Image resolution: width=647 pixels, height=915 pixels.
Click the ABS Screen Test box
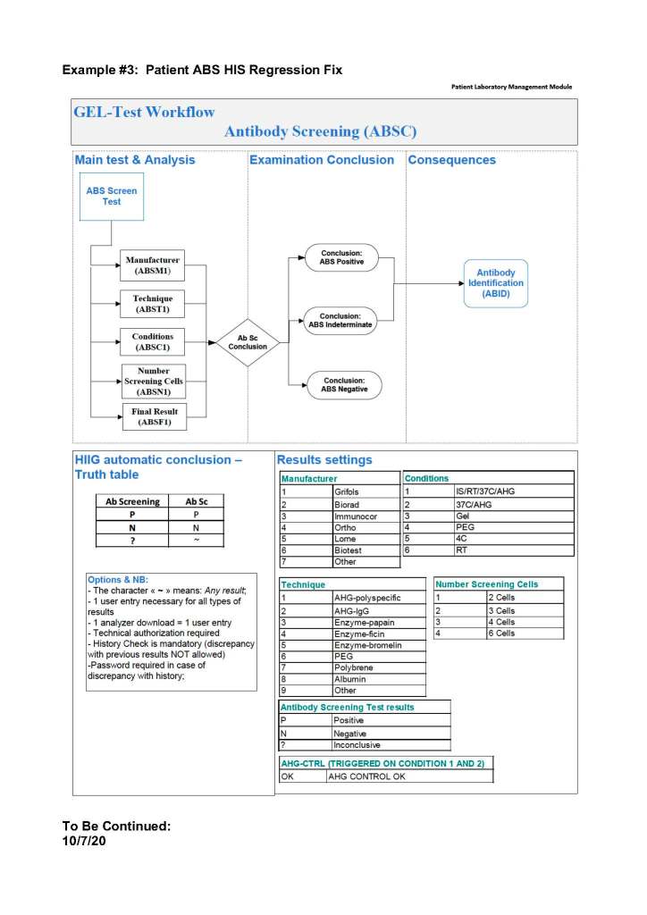pos(112,197)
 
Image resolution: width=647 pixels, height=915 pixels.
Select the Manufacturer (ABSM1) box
pos(152,265)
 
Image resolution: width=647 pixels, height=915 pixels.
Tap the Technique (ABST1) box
pos(152,304)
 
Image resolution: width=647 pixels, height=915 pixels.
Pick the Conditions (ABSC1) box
pos(152,342)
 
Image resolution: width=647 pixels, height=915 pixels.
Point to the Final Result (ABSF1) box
pos(152,417)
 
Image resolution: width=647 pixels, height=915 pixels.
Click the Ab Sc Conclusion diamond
pos(248,342)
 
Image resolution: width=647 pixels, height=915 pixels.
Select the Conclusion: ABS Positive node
pos(341,258)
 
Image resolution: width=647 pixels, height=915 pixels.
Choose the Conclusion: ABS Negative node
pos(344,385)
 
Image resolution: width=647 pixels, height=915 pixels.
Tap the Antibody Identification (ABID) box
pos(496,282)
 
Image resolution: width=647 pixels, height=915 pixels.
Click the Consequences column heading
pos(451,160)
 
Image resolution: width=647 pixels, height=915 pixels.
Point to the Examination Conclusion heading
pos(321,160)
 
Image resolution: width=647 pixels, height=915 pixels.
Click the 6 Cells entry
pos(500,634)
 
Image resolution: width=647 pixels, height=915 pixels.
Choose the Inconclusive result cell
pos(357,744)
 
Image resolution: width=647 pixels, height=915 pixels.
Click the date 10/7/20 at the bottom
pos(84,842)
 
